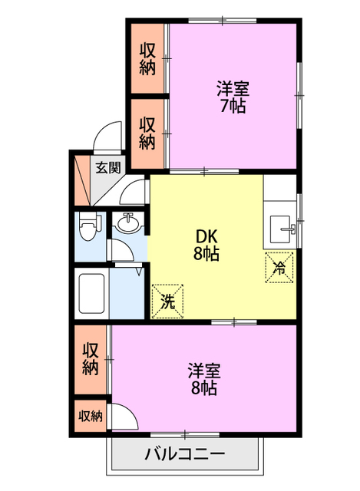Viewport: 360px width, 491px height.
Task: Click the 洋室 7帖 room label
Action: coord(232,97)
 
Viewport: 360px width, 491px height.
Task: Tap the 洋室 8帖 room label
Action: coord(204,379)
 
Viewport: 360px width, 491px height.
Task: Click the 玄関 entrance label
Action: coord(107,167)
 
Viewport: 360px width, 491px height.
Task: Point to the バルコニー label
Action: coord(185,454)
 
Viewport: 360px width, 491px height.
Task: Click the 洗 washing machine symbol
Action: coord(167,300)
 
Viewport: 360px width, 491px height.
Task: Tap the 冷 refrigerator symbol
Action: coord(280,268)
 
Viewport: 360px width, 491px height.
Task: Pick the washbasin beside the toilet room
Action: coord(127,222)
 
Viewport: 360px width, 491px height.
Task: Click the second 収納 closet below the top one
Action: coord(148,132)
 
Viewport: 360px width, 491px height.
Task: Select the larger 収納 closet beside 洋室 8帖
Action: coord(91,358)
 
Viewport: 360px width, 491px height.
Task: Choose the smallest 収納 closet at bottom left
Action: coord(91,416)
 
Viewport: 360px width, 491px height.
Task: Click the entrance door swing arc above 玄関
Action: coord(105,137)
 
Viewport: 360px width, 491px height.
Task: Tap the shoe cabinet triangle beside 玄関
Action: coord(81,177)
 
